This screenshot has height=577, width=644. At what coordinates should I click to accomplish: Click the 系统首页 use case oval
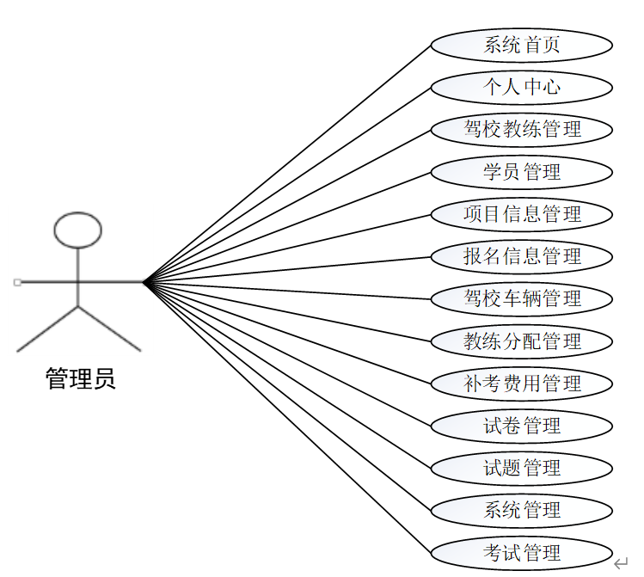[521, 45]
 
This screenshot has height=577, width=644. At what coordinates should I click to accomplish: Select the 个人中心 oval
[521, 87]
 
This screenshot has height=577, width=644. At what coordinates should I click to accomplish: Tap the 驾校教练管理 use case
[521, 129]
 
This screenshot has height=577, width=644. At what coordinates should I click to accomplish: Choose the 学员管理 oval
[521, 172]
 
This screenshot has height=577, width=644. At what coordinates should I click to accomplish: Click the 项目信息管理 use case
[521, 214]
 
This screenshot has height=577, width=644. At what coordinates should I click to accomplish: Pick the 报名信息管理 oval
[521, 256]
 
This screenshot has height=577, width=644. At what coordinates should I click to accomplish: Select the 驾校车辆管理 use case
[521, 298]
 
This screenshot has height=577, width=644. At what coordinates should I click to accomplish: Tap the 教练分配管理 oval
[521, 341]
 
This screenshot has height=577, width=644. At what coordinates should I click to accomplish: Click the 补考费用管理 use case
[521, 384]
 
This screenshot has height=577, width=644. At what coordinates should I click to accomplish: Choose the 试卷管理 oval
[521, 426]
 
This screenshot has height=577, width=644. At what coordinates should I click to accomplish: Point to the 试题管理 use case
[521, 468]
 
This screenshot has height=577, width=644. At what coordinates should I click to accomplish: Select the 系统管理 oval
[521, 510]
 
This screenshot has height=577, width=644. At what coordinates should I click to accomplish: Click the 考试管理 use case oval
[521, 552]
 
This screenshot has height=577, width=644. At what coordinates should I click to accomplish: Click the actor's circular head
[77, 229]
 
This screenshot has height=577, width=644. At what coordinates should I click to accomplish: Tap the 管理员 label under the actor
[80, 378]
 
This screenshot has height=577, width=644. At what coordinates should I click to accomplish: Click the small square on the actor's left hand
[17, 282]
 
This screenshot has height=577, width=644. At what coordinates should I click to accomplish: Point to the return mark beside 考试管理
[622, 563]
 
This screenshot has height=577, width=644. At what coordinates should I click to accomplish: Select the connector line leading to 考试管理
[287, 416]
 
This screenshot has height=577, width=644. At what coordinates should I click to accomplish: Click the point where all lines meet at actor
[144, 281]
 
